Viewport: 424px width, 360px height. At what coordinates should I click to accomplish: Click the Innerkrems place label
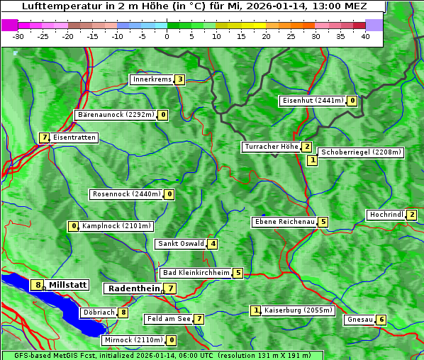(x=152, y=79)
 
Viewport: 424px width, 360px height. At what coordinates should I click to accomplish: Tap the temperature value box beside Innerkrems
(x=180, y=79)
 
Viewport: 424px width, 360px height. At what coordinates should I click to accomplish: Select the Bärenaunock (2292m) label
(x=115, y=114)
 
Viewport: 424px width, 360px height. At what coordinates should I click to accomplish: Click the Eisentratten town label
(x=74, y=137)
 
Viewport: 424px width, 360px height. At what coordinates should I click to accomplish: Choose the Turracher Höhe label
(x=271, y=147)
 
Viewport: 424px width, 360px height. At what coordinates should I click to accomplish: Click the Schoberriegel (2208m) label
(x=361, y=152)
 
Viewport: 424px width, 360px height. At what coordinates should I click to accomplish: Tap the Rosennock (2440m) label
(x=125, y=193)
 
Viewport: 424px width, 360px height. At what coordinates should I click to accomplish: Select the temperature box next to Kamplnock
(x=73, y=227)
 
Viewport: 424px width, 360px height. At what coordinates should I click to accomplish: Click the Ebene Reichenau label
(x=284, y=222)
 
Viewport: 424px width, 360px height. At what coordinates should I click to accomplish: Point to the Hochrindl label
(x=386, y=215)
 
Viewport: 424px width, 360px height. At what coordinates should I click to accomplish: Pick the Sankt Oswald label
(x=180, y=244)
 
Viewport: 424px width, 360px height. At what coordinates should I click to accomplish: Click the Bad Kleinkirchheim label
(x=196, y=273)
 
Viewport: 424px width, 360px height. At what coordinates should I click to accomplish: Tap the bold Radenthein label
(x=133, y=288)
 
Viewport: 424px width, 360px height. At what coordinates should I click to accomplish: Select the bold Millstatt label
(x=68, y=285)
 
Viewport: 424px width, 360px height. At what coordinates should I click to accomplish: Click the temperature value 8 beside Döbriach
(x=123, y=312)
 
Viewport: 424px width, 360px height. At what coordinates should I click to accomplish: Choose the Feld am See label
(x=168, y=319)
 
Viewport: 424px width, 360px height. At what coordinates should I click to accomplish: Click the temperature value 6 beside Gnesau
(x=381, y=320)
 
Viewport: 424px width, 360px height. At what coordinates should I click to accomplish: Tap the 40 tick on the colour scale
(x=365, y=36)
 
